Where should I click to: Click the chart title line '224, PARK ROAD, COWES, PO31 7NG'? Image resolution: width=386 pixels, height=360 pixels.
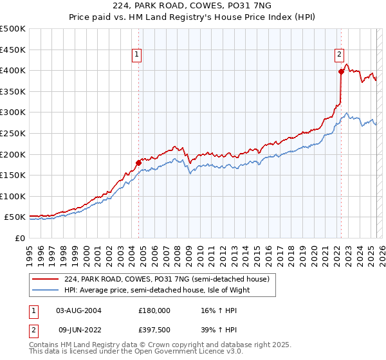(192, 7)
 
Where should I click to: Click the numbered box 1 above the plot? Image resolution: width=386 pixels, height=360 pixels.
(138, 55)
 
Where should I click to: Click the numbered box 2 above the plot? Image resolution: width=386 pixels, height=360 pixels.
(339, 55)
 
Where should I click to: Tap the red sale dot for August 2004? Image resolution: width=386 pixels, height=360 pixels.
(138, 163)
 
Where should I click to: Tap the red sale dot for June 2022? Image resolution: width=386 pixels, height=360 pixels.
(341, 71)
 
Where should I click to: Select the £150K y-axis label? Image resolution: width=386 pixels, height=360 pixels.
(13, 175)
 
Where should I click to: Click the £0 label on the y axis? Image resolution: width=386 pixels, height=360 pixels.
(21, 238)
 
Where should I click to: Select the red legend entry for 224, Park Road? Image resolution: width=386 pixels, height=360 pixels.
(170, 278)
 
